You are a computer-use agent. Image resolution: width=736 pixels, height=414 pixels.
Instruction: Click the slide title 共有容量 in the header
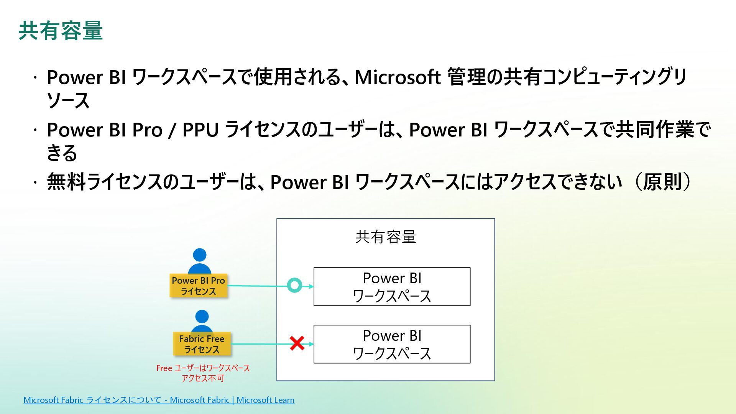pos(61,31)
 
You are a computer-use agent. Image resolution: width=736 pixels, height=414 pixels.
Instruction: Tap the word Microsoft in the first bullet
pos(397,77)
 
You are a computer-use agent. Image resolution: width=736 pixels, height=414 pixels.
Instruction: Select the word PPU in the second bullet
pos(200,130)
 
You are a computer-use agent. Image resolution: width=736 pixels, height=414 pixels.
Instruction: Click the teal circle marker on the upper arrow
pos(294,285)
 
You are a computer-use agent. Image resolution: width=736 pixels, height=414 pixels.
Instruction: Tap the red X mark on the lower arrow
pos(297,343)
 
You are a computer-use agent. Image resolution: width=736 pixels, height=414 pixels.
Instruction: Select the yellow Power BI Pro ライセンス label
pos(198,286)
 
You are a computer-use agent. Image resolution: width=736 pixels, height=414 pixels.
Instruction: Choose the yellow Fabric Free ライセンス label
pos(202,344)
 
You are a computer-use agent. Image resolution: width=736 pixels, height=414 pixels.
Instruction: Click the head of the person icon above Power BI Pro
pos(200,255)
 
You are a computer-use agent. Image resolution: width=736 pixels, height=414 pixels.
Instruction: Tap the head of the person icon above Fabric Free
pos(202,317)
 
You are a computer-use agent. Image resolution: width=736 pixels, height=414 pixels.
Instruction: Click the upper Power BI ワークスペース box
pos(392,287)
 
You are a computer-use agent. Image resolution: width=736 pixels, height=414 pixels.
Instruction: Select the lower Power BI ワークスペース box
pos(392,344)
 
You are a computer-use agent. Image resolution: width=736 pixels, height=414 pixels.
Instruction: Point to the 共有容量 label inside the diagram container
pos(386,237)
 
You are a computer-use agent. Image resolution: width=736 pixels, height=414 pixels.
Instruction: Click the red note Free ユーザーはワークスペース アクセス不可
pos(203,373)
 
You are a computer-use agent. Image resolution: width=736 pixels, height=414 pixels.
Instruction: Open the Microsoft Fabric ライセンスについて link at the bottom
pos(159,400)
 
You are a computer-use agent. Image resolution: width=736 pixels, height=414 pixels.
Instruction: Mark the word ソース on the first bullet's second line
pos(68,100)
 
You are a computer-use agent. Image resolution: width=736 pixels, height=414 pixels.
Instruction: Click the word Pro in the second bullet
pos(147,130)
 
